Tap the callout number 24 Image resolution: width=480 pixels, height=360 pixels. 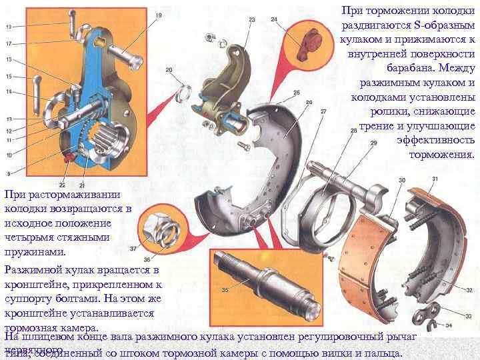[x=274, y=20]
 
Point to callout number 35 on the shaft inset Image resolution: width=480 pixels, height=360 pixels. [x=225, y=290]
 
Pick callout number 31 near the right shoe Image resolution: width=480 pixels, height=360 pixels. [x=435, y=179]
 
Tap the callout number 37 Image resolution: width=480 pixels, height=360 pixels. [x=133, y=248]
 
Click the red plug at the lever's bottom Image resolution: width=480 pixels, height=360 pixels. [x=67, y=157]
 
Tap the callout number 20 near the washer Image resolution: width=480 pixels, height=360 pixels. [x=169, y=69]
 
